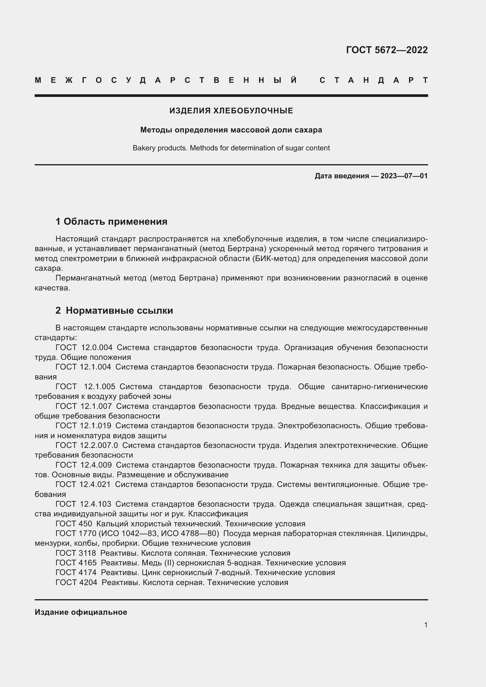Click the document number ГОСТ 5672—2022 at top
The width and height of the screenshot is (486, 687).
coord(387,50)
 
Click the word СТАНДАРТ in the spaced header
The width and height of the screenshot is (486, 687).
coord(373,80)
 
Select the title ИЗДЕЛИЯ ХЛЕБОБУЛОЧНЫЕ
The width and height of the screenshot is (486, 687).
coord(231,111)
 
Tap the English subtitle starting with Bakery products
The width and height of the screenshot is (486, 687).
coord(231,148)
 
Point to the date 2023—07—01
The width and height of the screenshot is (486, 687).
coord(404,176)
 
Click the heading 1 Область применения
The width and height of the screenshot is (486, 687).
coord(111,222)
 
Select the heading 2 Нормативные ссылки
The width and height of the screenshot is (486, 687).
coord(114,310)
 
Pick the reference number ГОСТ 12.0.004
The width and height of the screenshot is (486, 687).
coord(84,348)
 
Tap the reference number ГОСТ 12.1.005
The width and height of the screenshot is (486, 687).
coord(85,387)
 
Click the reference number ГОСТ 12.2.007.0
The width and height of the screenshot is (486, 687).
coord(87,446)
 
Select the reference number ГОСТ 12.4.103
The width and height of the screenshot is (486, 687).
coord(83,504)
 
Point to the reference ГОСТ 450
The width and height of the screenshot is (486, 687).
coord(74,524)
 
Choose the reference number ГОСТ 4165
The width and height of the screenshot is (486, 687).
coord(76,563)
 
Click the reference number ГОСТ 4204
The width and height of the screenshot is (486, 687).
coord(76,582)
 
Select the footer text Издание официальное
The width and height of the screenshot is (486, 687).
coord(81,612)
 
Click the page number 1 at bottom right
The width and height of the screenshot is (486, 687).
coord(425,625)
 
